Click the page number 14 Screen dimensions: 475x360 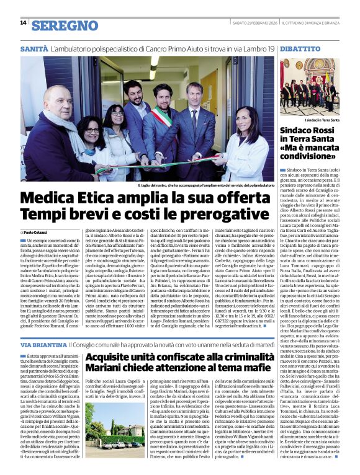(x=23, y=23)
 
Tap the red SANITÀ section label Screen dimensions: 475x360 (x=34, y=48)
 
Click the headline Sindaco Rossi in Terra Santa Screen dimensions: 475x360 (x=310, y=136)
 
